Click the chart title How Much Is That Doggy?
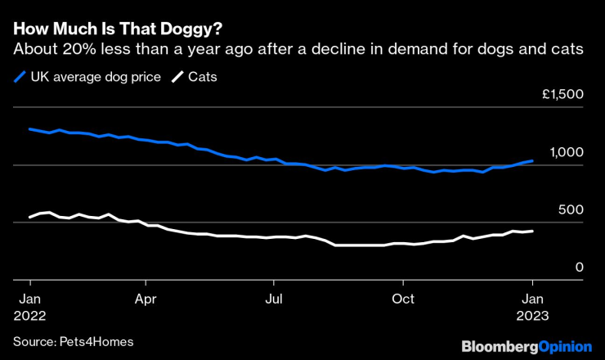pyautogui.click(x=117, y=28)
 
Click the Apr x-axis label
pyautogui.click(x=146, y=298)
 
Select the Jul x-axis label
pyautogui.click(x=274, y=298)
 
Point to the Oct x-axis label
pyautogui.click(x=402, y=298)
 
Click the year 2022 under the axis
pyautogui.click(x=29, y=314)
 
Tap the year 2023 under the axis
pyautogui.click(x=533, y=314)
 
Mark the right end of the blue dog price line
pyautogui.click(x=533, y=161)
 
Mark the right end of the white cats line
pyautogui.click(x=533, y=232)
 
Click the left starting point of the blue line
pyautogui.click(x=29, y=129)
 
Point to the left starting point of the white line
pyautogui.click(x=29, y=217)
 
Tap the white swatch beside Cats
pyautogui.click(x=177, y=78)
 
